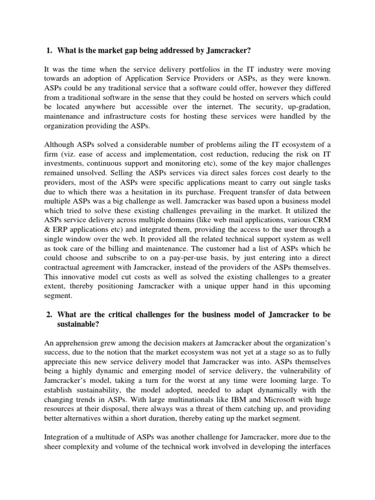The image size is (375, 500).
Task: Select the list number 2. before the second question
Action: [48, 315]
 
